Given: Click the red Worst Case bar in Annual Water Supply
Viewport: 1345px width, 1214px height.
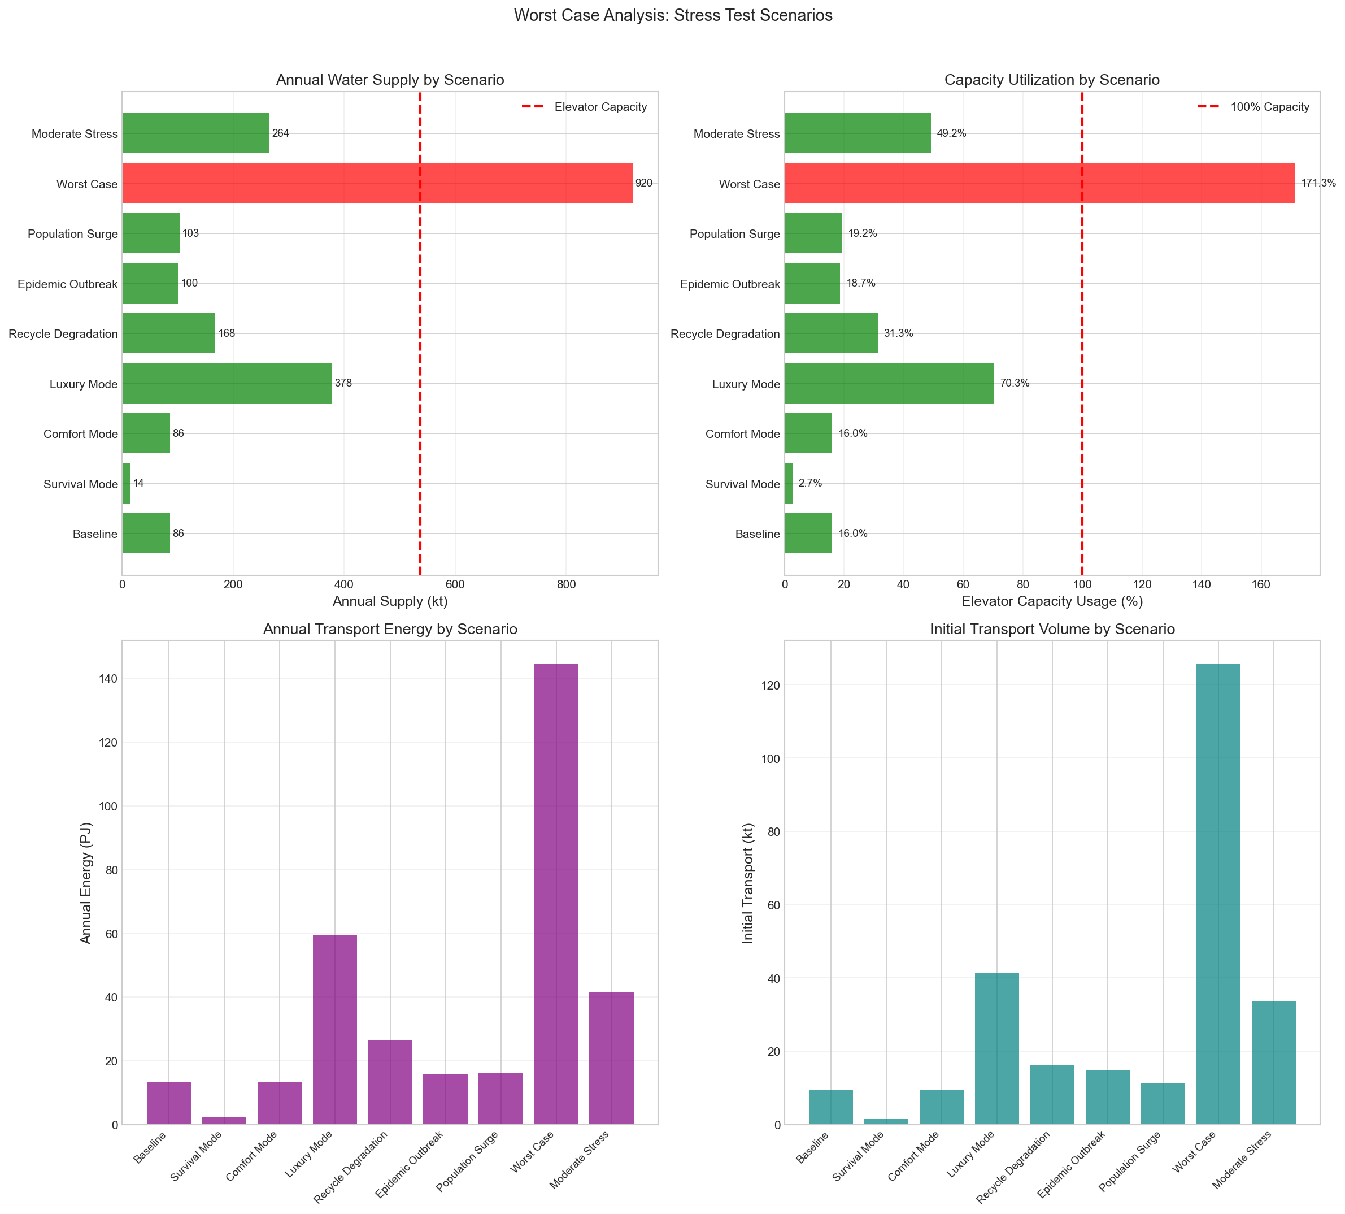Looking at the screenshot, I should pos(377,184).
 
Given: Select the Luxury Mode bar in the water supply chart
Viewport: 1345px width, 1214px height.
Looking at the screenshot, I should pos(227,384).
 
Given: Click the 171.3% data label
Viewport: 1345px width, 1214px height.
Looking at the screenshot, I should pos(1318,184).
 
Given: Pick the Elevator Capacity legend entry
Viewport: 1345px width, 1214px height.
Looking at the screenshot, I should pos(600,107).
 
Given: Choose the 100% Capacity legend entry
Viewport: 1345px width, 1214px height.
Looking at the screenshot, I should pos(1270,107).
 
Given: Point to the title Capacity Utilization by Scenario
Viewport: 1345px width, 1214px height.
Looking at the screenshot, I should pos(1052,80).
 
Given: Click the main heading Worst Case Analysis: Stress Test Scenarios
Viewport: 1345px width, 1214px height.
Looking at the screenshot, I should pos(673,15).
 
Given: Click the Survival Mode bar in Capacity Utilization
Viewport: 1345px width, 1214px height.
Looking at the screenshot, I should pos(788,484).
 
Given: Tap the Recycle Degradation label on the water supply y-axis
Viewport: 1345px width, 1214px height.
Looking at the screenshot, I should pos(63,334).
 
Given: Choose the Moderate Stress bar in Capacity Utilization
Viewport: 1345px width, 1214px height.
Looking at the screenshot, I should pos(857,133).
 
